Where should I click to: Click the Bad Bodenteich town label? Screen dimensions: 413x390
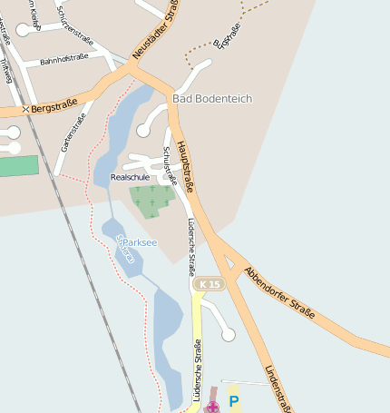(x=211, y=98)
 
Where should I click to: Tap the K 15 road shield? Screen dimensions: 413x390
(x=210, y=284)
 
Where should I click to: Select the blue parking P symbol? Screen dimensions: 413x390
(x=233, y=400)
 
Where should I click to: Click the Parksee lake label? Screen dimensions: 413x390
(x=140, y=242)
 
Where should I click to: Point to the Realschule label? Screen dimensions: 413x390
(x=130, y=178)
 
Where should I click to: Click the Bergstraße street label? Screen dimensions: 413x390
(x=51, y=108)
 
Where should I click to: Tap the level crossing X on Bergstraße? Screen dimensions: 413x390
(x=24, y=110)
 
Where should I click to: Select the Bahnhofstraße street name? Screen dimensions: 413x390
(x=64, y=60)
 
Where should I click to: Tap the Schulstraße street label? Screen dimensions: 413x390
(x=169, y=164)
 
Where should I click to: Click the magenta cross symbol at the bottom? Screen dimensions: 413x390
(x=212, y=408)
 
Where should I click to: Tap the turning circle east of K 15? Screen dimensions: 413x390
(x=229, y=335)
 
